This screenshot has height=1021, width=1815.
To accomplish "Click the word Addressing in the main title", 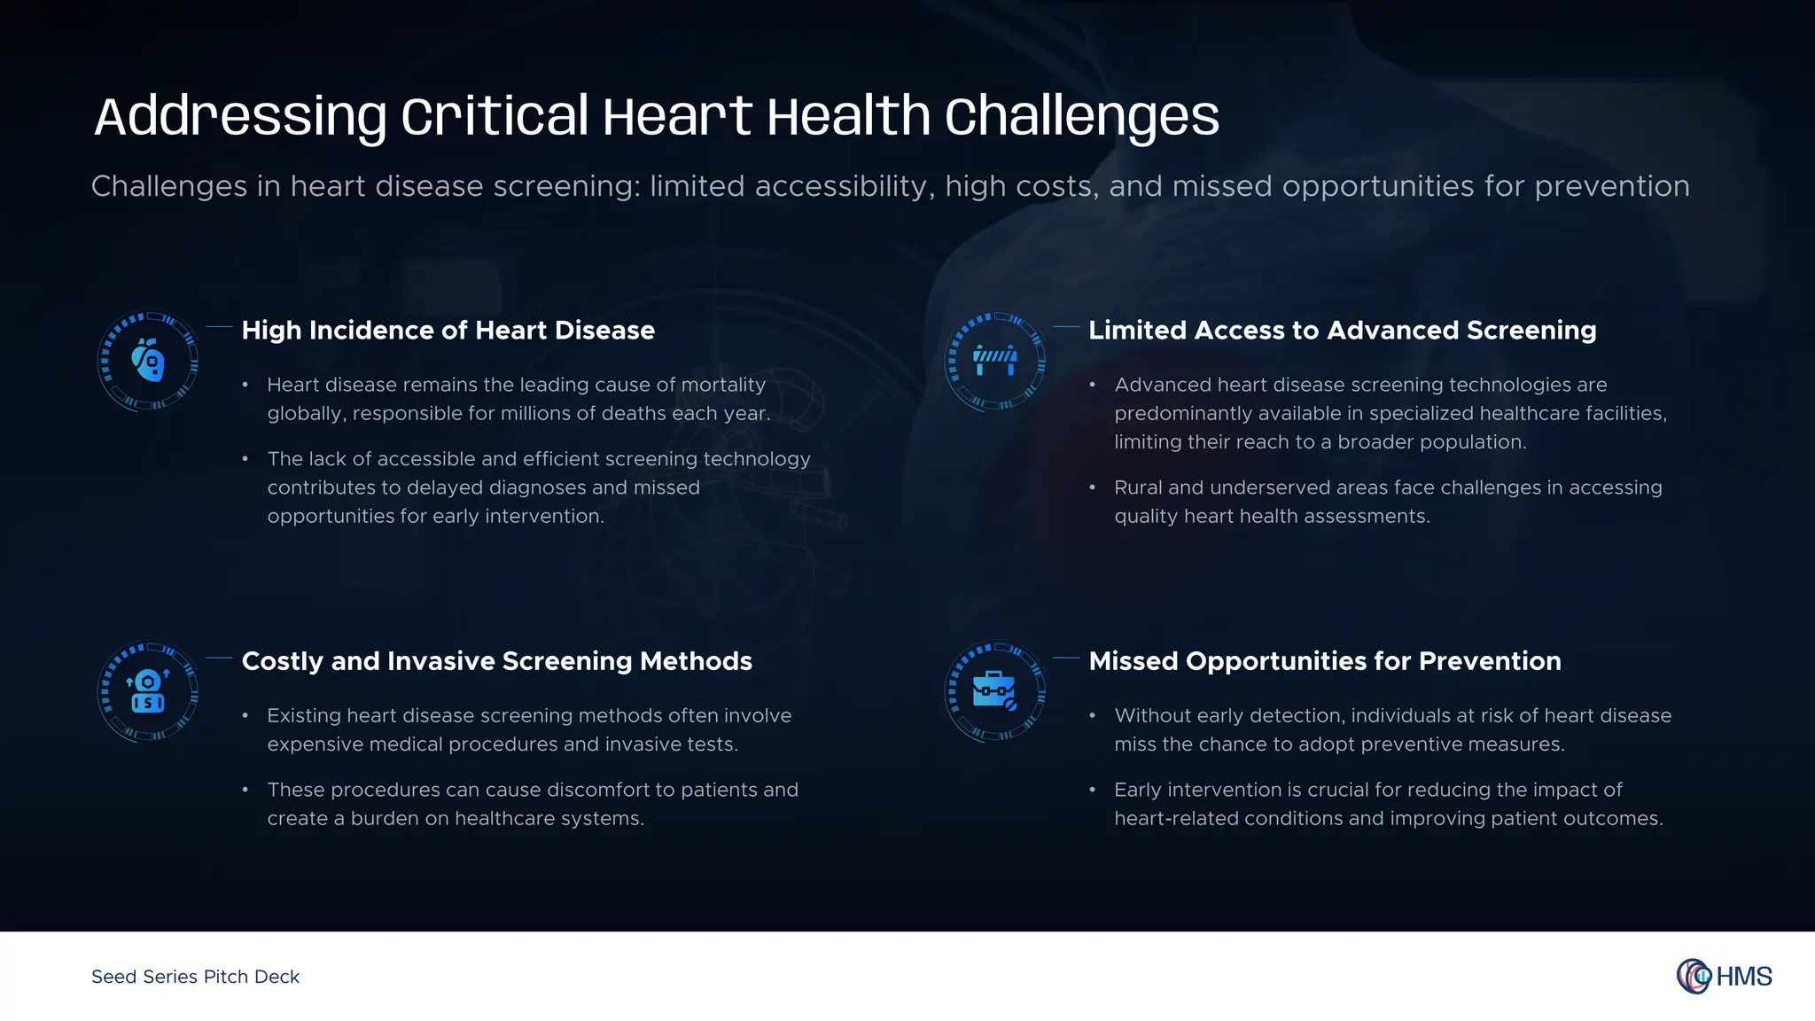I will pos(240,117).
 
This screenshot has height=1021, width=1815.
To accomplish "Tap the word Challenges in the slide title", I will pos(1081,117).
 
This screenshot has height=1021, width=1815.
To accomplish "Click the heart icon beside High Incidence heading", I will pos(148,361).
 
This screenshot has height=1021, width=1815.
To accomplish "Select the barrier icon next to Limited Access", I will pos(995,361).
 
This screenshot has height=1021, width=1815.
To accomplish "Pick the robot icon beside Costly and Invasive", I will pos(148,691).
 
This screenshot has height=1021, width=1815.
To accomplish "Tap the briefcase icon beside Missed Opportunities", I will pos(995,691).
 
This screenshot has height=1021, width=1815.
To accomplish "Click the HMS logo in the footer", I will pos(1724,976).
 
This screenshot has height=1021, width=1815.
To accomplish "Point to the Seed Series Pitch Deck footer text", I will pos(195,977).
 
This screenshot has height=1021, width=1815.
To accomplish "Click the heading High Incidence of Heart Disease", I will pos(448,331).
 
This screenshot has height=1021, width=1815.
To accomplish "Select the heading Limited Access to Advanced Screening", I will pos(1342,331).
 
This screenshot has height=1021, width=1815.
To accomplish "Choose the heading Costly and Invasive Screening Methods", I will pos(496,661).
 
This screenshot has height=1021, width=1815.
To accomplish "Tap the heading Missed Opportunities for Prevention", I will pos(1324,661).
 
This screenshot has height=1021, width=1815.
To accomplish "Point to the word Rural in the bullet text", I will pos(1137,487).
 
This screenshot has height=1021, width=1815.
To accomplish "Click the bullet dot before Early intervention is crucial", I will pos(1093,790).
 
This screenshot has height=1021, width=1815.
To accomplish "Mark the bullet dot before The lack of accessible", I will pos(245,459).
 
